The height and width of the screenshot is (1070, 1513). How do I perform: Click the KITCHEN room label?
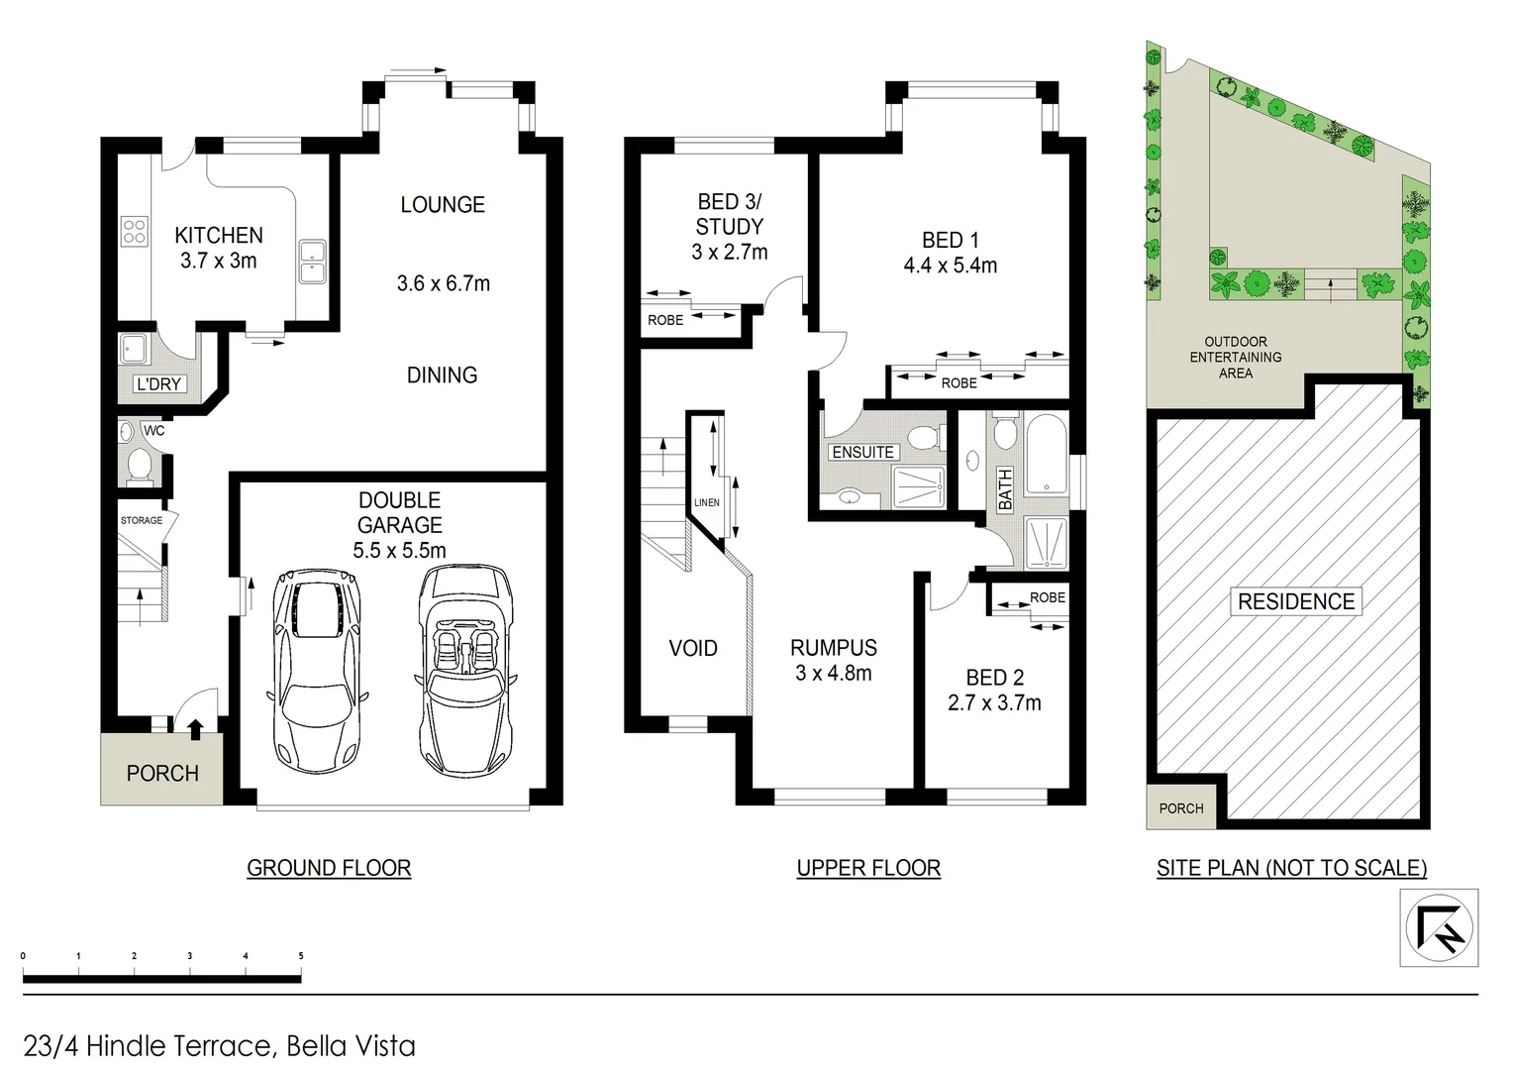pos(219,236)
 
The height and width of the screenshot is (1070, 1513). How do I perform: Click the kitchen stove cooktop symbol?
pos(135,232)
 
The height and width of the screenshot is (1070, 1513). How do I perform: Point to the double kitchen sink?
pos(314,262)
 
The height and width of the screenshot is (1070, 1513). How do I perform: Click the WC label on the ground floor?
pos(154,431)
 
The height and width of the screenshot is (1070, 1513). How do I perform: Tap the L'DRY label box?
pos(158,384)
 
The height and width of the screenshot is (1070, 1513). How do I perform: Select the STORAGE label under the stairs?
pos(142,520)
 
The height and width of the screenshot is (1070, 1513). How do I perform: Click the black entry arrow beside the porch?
pos(195,730)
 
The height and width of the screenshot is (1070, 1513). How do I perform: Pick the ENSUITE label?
pos(862,452)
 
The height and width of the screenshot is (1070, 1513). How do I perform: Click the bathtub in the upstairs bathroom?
pos(1046,455)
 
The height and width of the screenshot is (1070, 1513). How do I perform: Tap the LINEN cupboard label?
pos(707,502)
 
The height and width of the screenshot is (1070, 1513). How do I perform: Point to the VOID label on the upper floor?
pos(693,648)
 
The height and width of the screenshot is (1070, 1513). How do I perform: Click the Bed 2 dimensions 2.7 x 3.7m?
pos(994,703)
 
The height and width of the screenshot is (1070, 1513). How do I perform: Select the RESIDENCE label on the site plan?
pos(1296,601)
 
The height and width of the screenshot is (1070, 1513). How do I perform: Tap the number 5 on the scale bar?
pos(301,957)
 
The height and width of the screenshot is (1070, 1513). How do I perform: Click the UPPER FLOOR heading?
pos(868,868)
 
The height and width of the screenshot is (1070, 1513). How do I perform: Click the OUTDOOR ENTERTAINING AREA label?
pos(1236,358)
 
